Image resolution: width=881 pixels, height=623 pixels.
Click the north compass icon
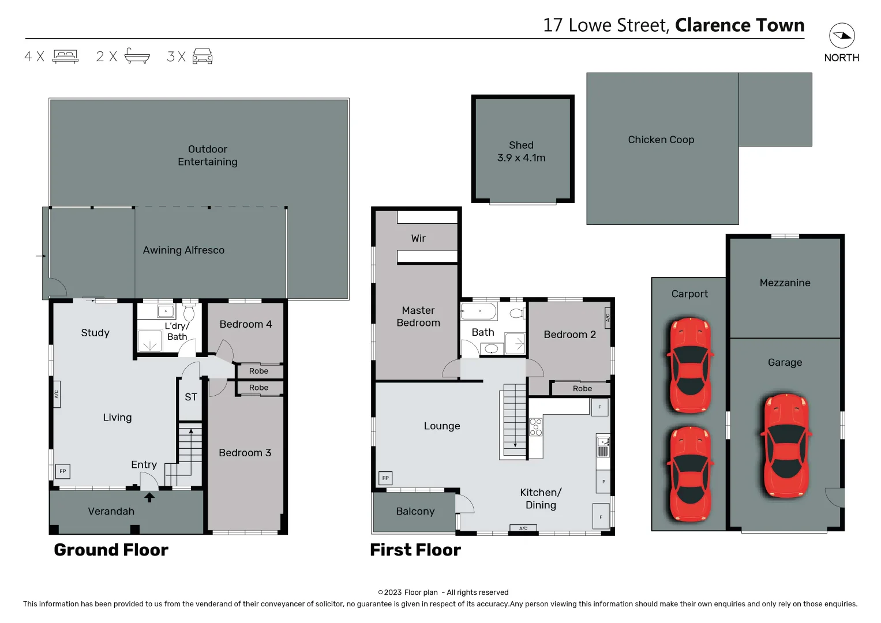[842, 36]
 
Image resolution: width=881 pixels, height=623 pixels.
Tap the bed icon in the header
[65, 56]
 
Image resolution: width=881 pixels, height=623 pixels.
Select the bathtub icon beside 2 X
[137, 56]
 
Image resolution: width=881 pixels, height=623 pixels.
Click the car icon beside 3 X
[202, 56]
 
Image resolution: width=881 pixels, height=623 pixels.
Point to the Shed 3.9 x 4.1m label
[521, 152]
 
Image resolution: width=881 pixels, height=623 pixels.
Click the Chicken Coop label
[661, 140]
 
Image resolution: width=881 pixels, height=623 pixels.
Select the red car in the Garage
[786, 445]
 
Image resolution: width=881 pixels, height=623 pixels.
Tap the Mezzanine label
[785, 283]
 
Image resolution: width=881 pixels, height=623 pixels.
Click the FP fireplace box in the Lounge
[385, 478]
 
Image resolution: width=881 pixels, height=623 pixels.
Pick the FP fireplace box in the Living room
[63, 471]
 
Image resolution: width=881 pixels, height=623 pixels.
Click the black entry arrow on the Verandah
[149, 497]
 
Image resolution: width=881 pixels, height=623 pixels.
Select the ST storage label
[191, 397]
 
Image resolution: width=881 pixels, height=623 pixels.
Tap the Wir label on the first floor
[418, 238]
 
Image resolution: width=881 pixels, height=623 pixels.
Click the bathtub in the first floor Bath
[479, 312]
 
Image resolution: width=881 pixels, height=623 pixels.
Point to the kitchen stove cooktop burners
[535, 427]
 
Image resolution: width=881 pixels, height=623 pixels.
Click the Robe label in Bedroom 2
[582, 389]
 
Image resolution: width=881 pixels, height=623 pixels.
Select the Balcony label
[415, 511]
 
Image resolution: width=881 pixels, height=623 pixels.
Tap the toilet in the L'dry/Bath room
[189, 313]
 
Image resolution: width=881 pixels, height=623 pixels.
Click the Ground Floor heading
[111, 550]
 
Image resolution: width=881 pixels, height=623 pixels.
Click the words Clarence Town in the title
[739, 25]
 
